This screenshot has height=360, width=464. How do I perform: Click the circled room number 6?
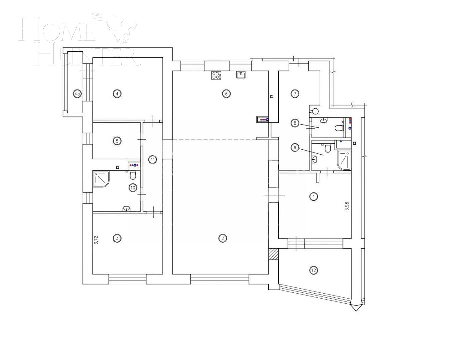click(226, 94)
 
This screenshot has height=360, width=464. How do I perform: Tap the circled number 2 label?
click(223, 238)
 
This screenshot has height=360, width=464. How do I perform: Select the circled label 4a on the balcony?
click(77, 94)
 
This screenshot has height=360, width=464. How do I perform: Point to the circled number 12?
click(313, 270)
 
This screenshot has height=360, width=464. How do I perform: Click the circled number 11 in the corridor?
click(152, 160)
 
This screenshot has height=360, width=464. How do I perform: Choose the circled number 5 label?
click(117, 141)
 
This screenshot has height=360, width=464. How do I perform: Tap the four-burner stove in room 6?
click(216, 75)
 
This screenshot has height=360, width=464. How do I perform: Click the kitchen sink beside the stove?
click(241, 74)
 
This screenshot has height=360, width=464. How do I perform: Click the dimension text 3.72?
click(96, 240)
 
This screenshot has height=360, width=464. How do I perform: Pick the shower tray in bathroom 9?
click(344, 161)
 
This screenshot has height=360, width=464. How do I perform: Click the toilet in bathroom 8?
click(339, 128)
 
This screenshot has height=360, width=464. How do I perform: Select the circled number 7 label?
click(295, 94)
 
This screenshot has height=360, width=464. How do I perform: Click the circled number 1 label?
click(314, 197)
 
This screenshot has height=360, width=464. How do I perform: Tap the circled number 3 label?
click(117, 238)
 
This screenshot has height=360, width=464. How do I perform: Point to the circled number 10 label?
click(133, 188)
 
